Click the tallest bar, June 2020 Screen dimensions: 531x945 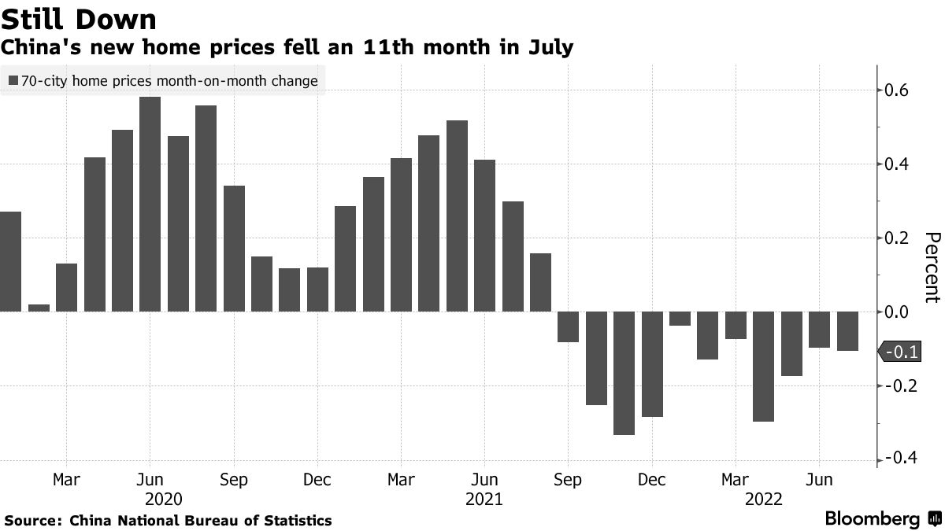[150, 204]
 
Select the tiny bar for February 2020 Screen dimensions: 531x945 [39, 308]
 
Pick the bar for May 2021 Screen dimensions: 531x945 [457, 216]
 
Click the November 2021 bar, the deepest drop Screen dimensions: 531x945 [624, 373]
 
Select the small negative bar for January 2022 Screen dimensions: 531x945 [680, 319]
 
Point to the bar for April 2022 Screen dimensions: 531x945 [763, 367]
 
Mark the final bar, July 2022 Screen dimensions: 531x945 [847, 331]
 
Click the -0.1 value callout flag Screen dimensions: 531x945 [900, 352]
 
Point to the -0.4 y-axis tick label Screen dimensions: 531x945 [899, 459]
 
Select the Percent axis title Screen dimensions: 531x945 [932, 267]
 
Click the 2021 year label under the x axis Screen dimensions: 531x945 [484, 500]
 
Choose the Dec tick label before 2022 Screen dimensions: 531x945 [652, 480]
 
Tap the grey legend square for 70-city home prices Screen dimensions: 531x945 [13, 80]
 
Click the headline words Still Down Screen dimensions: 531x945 [79, 18]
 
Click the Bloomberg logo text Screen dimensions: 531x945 [872, 519]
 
